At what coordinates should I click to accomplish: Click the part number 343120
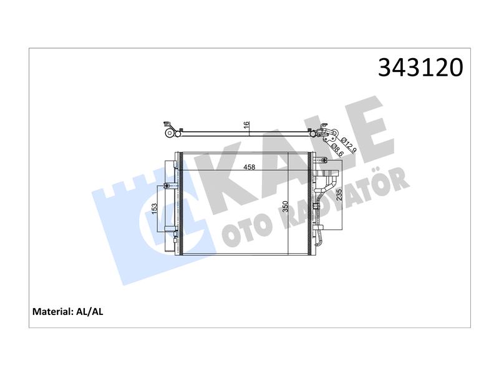tap(420, 67)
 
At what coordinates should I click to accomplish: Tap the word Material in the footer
tap(53, 311)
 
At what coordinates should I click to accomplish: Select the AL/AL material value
tap(90, 311)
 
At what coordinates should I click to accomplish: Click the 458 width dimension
tap(249, 167)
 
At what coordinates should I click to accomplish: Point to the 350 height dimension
tap(285, 207)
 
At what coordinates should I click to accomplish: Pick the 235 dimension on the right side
tap(339, 195)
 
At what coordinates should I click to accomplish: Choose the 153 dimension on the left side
tap(155, 209)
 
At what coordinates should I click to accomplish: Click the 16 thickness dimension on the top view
tap(246, 125)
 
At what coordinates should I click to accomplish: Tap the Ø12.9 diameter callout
tap(349, 145)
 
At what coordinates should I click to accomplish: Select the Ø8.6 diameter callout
tap(338, 149)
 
